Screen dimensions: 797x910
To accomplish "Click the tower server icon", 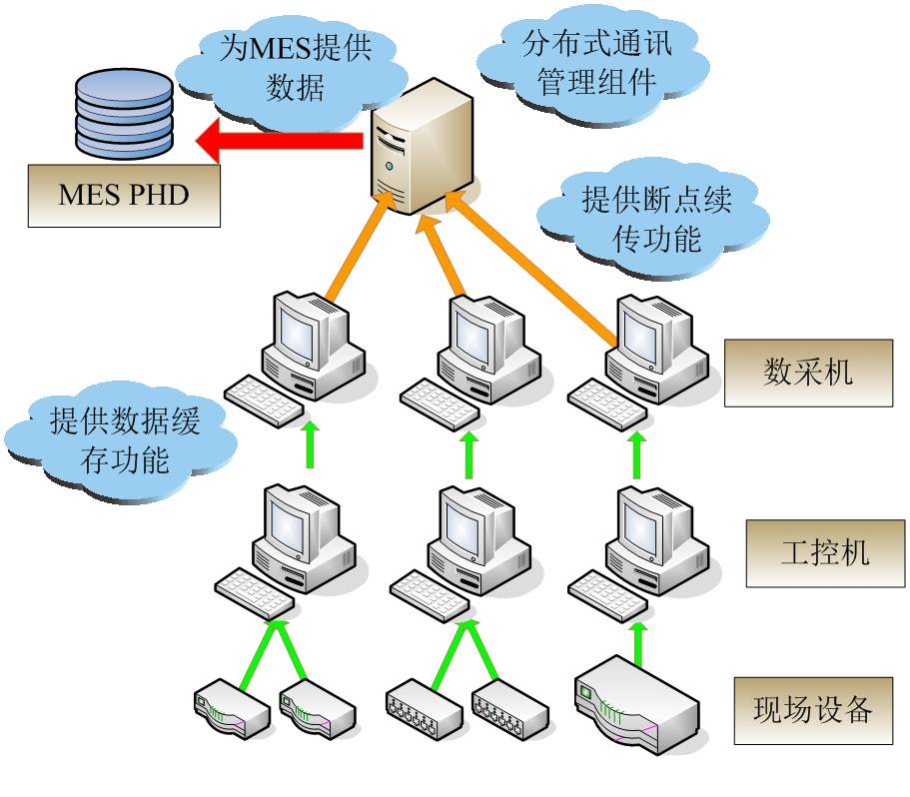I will [x=421, y=144].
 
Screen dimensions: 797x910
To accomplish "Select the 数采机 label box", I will [x=808, y=373].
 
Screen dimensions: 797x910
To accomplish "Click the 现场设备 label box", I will [x=812, y=710].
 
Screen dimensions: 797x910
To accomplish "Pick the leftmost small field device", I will [x=231, y=706].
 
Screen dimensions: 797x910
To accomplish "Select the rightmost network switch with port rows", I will [x=509, y=709].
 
